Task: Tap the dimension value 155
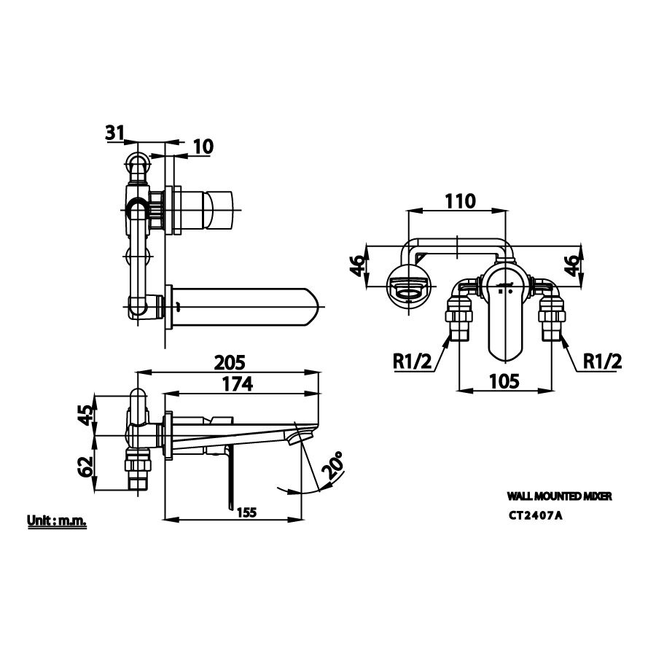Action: pyautogui.click(x=246, y=512)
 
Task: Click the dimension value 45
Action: pyautogui.click(x=86, y=415)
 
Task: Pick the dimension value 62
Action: pyautogui.click(x=86, y=464)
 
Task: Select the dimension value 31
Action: pyautogui.click(x=114, y=132)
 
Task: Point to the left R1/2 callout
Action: pyautogui.click(x=412, y=360)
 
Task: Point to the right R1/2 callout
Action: pyautogui.click(x=603, y=360)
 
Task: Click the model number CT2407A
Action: pyautogui.click(x=536, y=516)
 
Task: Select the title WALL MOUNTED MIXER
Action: pyautogui.click(x=558, y=495)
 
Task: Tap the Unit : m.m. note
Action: pyautogui.click(x=57, y=521)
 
